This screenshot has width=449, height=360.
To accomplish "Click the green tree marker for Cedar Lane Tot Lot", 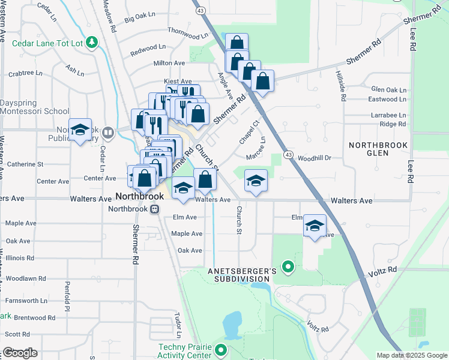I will tap(92, 42).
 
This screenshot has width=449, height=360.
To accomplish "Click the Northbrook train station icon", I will tap(154, 209).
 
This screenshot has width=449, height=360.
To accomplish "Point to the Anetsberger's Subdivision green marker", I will tap(288, 266).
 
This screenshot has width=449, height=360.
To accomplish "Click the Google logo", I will tap(20, 353).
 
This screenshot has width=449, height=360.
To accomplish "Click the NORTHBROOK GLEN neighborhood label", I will tap(379, 149).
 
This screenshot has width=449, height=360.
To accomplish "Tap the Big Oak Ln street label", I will tap(139, 20).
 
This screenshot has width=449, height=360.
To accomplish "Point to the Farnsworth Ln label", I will tap(26, 300).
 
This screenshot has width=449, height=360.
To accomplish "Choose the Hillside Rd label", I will tap(343, 88).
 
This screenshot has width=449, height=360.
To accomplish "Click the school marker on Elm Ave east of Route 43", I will tap(315, 226).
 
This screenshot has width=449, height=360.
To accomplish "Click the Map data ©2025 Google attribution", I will tap(411, 355).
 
